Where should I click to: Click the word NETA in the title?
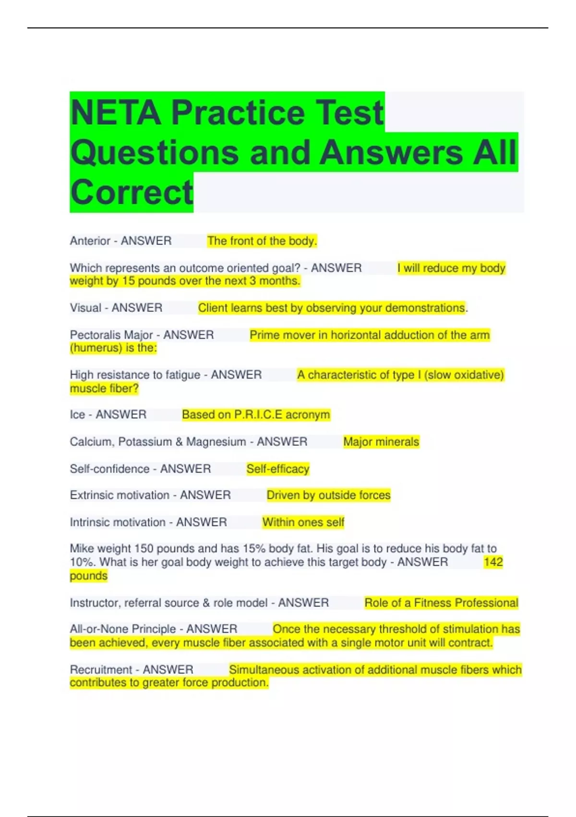click(x=115, y=113)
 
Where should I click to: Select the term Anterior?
click(x=90, y=241)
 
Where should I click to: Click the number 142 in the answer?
click(x=493, y=562)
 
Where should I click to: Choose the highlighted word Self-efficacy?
click(x=278, y=469)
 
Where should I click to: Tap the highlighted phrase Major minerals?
click(x=381, y=442)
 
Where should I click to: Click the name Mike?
click(x=82, y=548)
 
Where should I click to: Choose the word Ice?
click(x=77, y=415)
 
